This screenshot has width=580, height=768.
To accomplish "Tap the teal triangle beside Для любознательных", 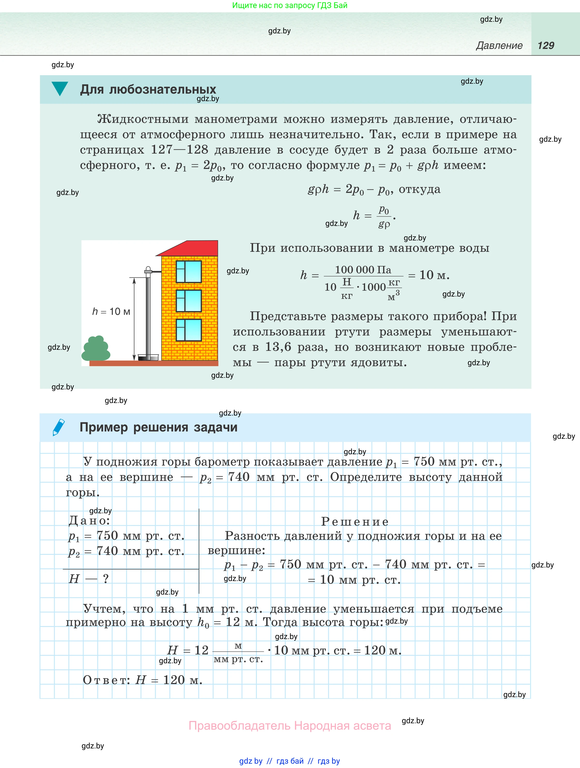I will click(x=60, y=88).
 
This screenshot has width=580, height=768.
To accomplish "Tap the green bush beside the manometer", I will click(x=96, y=349).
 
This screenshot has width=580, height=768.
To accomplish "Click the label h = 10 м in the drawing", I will click(x=111, y=312).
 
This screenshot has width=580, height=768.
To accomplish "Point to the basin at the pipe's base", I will click(x=148, y=357).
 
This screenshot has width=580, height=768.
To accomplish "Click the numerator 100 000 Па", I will click(x=363, y=270).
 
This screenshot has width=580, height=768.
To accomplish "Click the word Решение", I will click(x=355, y=521).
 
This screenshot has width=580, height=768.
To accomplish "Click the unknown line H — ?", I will click(x=89, y=578).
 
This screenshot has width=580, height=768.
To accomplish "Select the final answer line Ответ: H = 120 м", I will click(x=142, y=679).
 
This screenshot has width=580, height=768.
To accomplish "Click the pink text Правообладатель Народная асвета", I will click(x=290, y=725).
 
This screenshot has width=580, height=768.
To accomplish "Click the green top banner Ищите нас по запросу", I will click(x=290, y=5).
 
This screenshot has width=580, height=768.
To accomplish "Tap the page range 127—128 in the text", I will click(x=179, y=150).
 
